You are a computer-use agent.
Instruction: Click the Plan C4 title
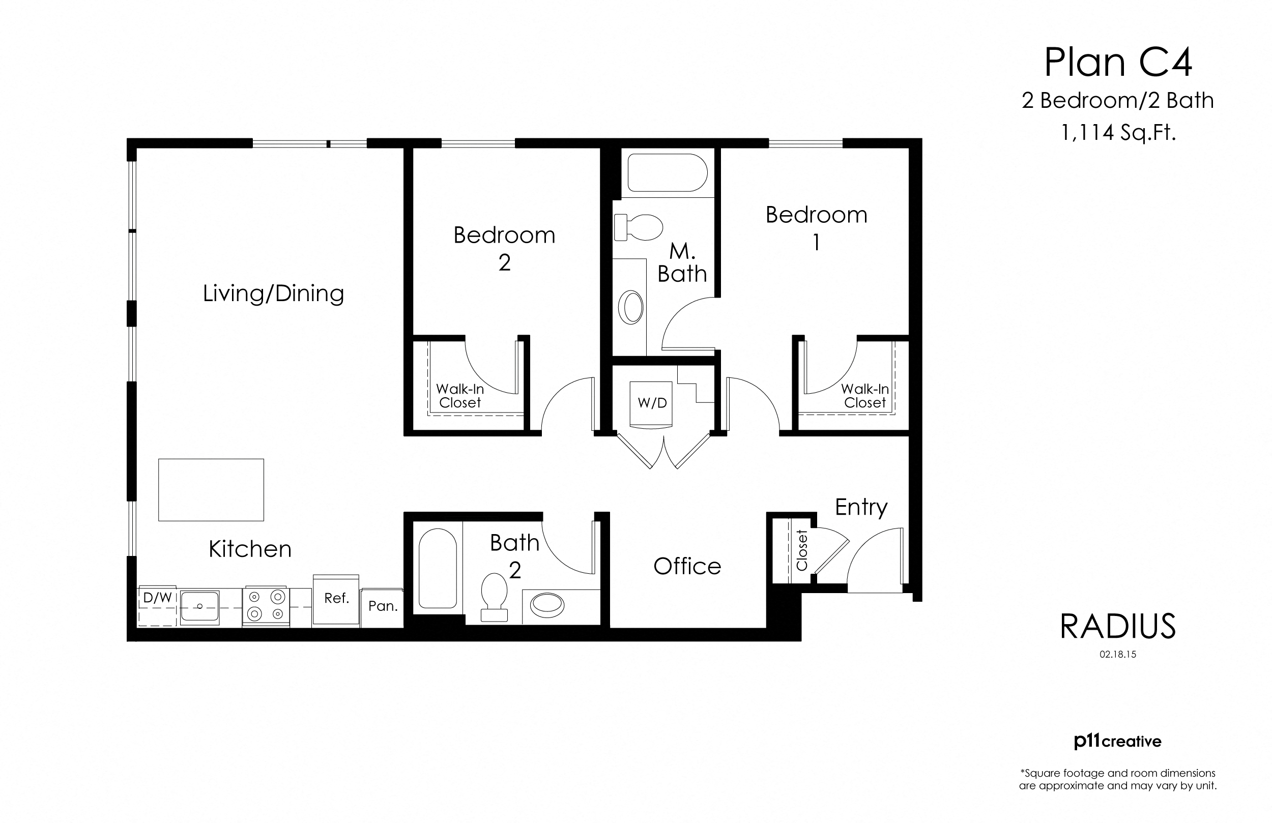pos(1118,63)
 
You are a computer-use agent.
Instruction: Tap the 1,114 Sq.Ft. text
pos(1118,132)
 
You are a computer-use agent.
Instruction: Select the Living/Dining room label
pos(273,293)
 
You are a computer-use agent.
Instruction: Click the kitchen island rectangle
pos(211,489)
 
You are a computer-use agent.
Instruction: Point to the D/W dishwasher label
pos(157,598)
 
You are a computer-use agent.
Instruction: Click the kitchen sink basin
pos(199,606)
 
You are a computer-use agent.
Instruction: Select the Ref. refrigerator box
pos(336,599)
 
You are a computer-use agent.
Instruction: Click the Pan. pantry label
pos(383,606)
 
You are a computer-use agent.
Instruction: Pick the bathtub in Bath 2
pos(437,569)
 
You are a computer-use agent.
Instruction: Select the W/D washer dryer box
pos(652,403)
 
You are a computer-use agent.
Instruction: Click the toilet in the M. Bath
pos(638,228)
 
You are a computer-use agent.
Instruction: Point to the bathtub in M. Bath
pos(667,172)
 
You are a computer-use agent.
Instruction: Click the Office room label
pos(687,567)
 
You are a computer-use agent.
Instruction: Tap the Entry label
pos(861,507)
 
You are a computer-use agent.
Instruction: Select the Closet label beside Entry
pos(802,550)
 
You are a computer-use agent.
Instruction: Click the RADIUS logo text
pos(1118,626)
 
